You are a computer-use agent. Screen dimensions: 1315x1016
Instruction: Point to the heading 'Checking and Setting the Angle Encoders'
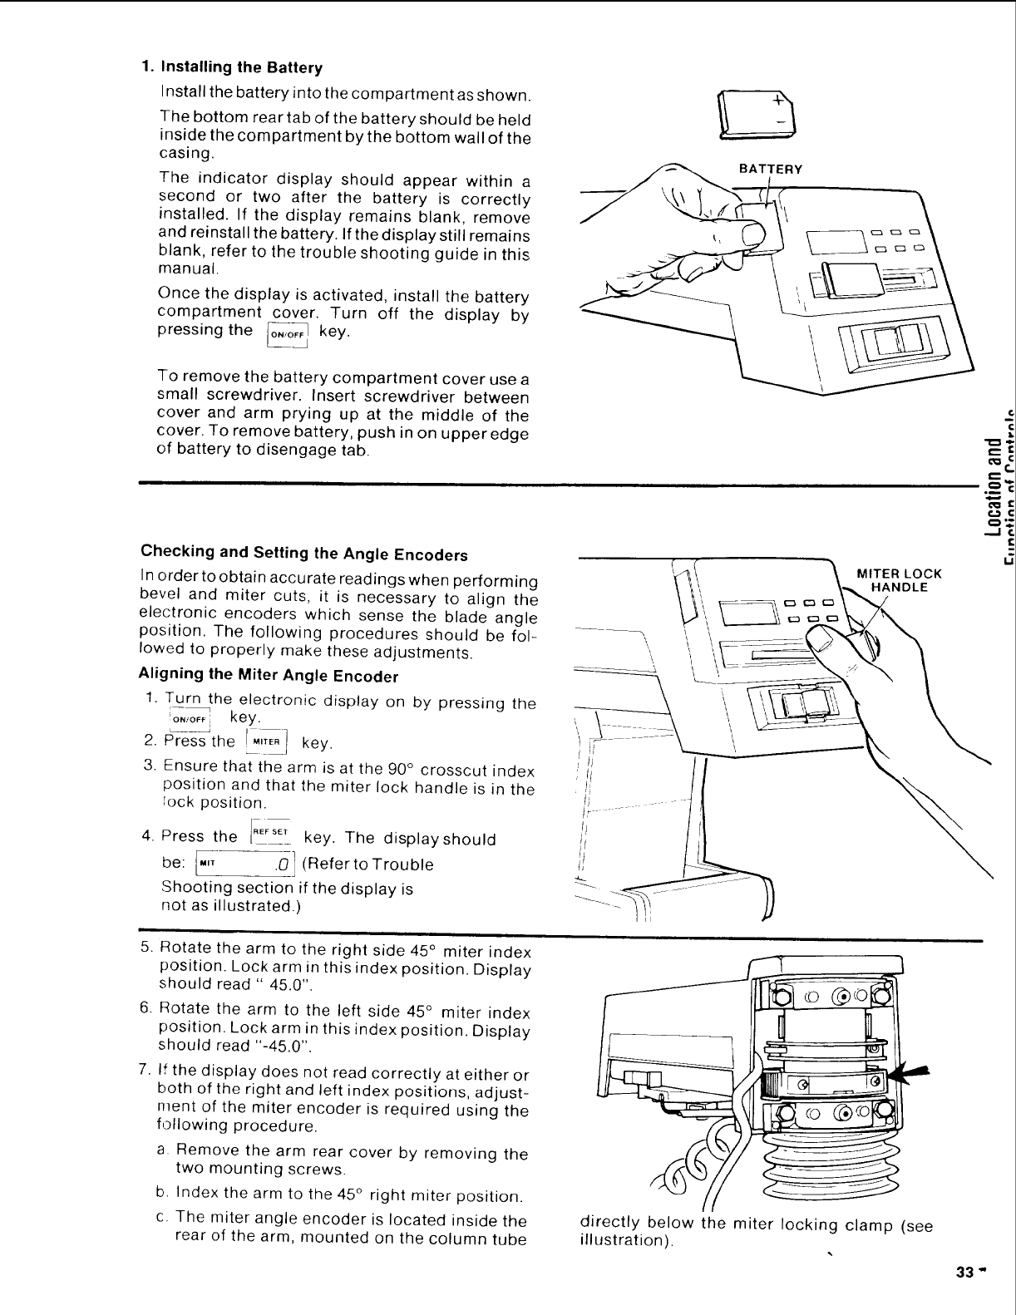coord(304,529)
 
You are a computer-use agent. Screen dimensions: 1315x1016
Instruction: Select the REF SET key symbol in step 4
coord(269,834)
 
